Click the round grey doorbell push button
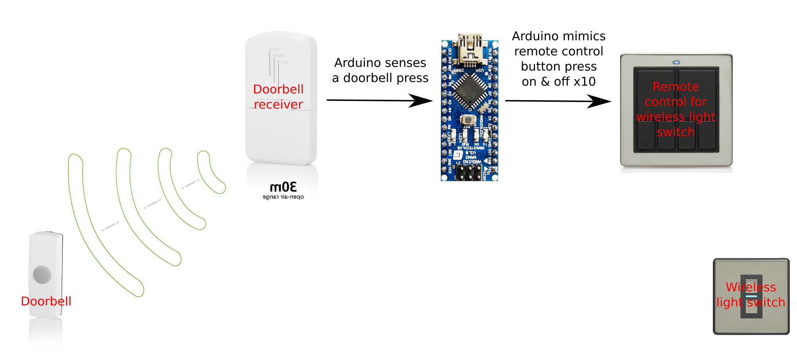coord(42,275)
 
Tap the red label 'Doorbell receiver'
coord(278,97)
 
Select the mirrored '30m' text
coord(283,187)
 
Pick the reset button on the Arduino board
coord(469,119)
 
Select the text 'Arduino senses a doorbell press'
coord(380,70)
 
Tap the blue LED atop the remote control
coord(676,62)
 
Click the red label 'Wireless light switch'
coord(751,294)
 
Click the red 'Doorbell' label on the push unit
coord(46,301)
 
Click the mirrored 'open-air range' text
coord(283,197)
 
